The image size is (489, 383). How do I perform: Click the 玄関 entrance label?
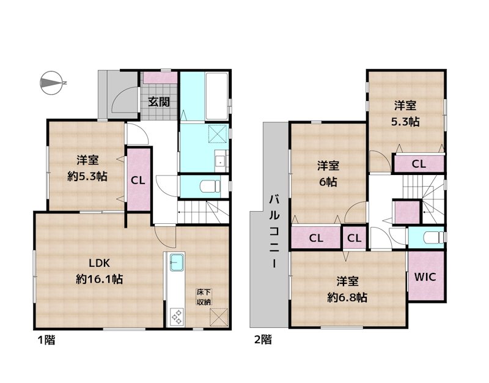coord(159,102)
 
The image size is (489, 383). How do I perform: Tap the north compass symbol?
coord(53,83)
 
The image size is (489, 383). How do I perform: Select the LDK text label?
coord(99,263)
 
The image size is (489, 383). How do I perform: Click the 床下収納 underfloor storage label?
coord(204,297)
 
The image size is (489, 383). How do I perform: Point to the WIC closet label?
coord(425,277)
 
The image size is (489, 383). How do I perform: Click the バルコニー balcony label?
coord(274,232)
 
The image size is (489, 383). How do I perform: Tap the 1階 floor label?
coord(46,340)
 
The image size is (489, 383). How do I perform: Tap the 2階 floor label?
coord(263,340)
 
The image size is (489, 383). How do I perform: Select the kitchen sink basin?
coord(177,262)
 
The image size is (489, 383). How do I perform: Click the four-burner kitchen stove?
coord(176,317)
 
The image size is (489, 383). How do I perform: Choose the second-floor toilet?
coord(433,237)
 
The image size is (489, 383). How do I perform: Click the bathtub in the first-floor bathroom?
coord(217,96)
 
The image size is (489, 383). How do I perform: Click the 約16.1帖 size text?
coord(100,279)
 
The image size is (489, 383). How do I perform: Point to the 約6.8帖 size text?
coord(347,297)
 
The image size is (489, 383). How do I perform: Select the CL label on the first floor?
coord(138,180)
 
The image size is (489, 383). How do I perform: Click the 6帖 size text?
coord(328,182)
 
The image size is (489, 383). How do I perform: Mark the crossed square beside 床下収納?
coord(219,317)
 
